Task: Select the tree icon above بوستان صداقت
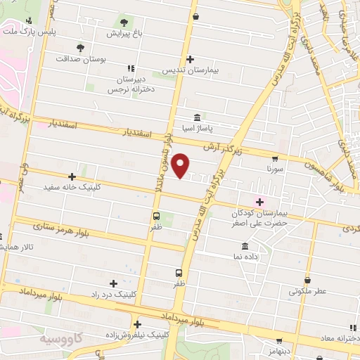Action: [x=80, y=48]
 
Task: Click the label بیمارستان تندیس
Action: [x=190, y=71]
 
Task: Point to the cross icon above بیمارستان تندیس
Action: [x=190, y=59]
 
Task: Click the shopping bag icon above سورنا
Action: [x=274, y=158]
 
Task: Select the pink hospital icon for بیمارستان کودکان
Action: [x=259, y=201]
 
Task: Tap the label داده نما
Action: [x=244, y=258]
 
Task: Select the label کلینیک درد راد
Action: [x=114, y=293]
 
